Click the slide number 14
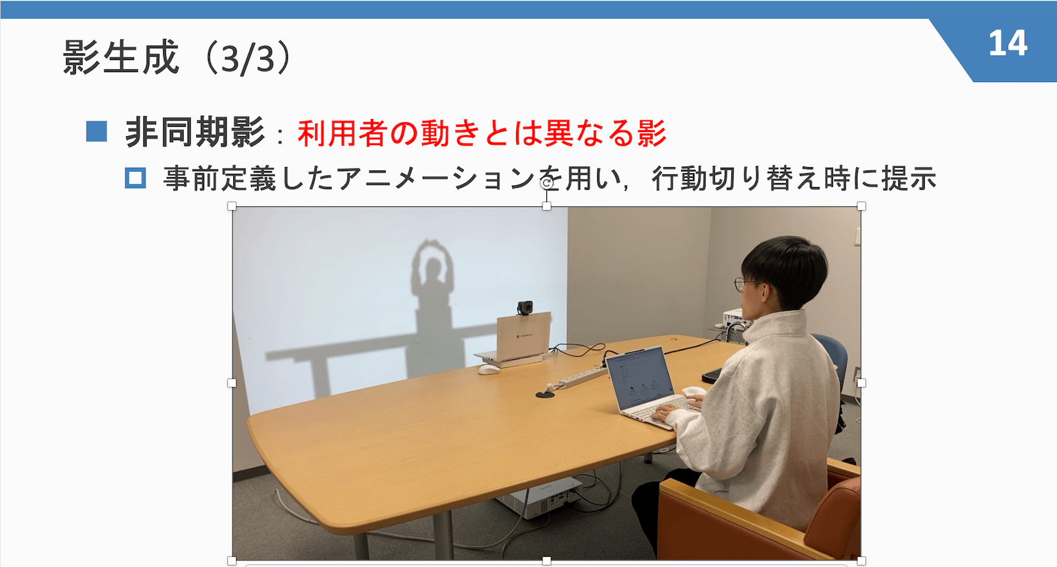(x=1007, y=44)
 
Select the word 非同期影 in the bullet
(x=195, y=133)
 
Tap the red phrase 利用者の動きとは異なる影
(x=482, y=133)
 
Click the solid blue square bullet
(x=96, y=132)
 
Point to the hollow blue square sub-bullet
(x=135, y=178)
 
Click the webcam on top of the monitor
(x=525, y=308)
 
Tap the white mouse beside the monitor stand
(x=488, y=369)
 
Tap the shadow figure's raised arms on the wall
(x=433, y=254)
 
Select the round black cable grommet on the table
(x=545, y=395)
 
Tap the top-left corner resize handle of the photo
(x=232, y=206)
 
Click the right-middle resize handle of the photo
(x=861, y=383)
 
